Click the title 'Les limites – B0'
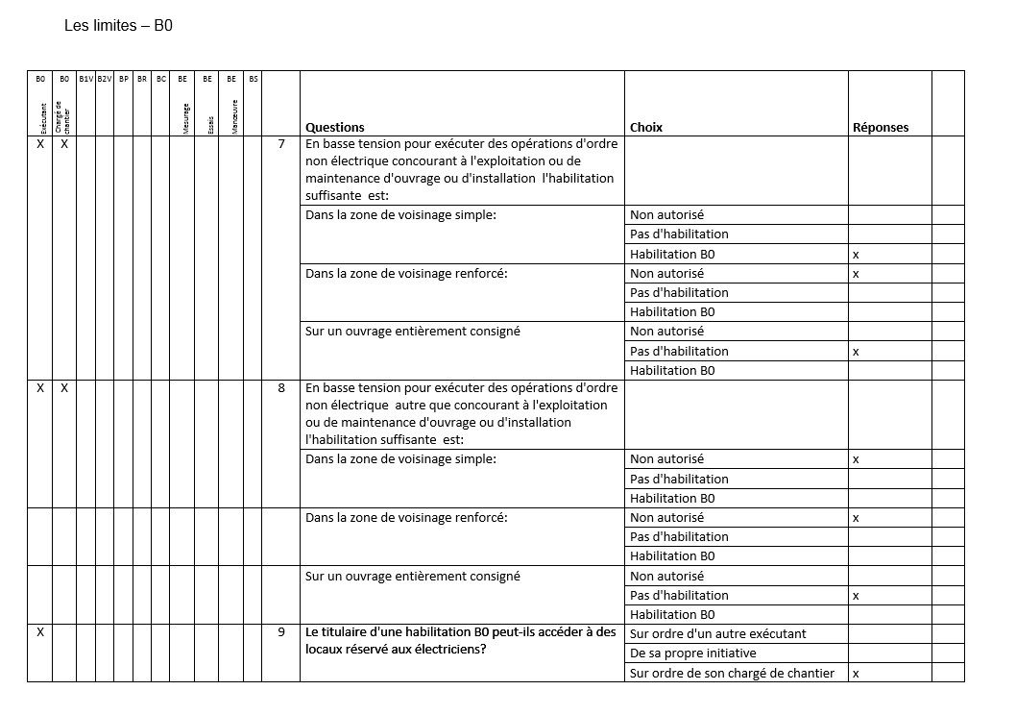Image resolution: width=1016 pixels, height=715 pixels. coord(118,26)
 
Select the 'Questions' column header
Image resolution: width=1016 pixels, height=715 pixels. coord(334,127)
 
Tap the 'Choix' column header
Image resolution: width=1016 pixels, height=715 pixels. coord(646,127)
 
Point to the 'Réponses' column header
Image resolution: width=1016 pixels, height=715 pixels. coord(880,127)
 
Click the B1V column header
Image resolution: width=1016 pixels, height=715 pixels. coord(85,79)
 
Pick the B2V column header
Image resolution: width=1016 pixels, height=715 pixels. coord(105,79)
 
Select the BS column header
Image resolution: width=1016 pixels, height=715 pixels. coord(254,79)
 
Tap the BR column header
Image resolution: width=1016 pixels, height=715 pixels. coord(142,79)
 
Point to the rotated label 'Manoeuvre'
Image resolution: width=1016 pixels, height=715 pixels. coord(234,116)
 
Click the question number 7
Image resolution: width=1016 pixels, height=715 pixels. coord(280,144)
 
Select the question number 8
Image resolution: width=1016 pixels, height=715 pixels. coord(280,388)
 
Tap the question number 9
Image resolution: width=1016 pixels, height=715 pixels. coord(280,632)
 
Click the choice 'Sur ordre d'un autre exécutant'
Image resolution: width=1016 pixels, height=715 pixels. coord(717,633)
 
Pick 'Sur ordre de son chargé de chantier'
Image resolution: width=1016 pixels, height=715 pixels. coord(732,673)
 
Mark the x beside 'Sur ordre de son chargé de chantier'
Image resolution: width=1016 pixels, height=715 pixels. coord(856,673)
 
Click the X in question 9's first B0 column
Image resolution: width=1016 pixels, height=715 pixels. coord(39,632)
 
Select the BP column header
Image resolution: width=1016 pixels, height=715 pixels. coord(123,79)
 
